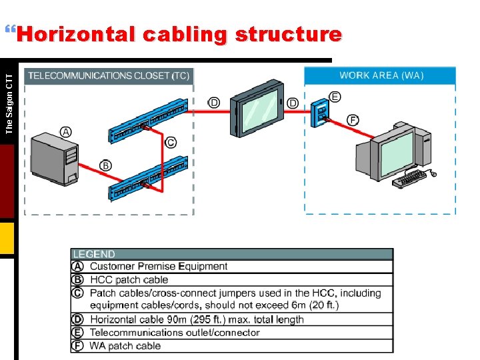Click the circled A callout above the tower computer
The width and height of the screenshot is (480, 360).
(66, 132)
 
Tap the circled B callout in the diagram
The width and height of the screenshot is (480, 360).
(106, 165)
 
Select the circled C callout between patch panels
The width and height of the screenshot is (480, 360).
(171, 142)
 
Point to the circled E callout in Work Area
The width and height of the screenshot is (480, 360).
(335, 97)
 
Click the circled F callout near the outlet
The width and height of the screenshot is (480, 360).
(353, 120)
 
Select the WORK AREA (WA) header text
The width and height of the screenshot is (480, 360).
(381, 75)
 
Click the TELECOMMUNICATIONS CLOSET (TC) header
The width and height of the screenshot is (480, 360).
(109, 76)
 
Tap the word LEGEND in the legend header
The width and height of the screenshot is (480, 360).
(94, 254)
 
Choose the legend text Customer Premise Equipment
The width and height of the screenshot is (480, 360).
(159, 267)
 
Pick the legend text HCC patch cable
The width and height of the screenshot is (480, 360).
(129, 280)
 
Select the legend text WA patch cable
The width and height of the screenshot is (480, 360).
(125, 345)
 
